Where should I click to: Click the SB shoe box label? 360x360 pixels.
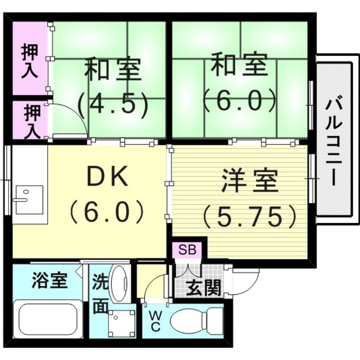pyautogui.click(x=187, y=250)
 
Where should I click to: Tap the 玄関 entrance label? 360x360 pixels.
pyautogui.click(x=204, y=288)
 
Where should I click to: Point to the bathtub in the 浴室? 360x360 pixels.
pyautogui.click(x=48, y=319)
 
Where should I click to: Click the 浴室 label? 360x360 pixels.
pyautogui.click(x=49, y=281)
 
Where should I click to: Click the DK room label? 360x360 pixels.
pyautogui.click(x=108, y=178)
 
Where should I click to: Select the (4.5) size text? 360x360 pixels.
pyautogui.click(x=112, y=104)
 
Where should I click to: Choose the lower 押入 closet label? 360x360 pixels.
pyautogui.click(x=31, y=120)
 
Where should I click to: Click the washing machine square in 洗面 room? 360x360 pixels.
pyautogui.click(x=121, y=322)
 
